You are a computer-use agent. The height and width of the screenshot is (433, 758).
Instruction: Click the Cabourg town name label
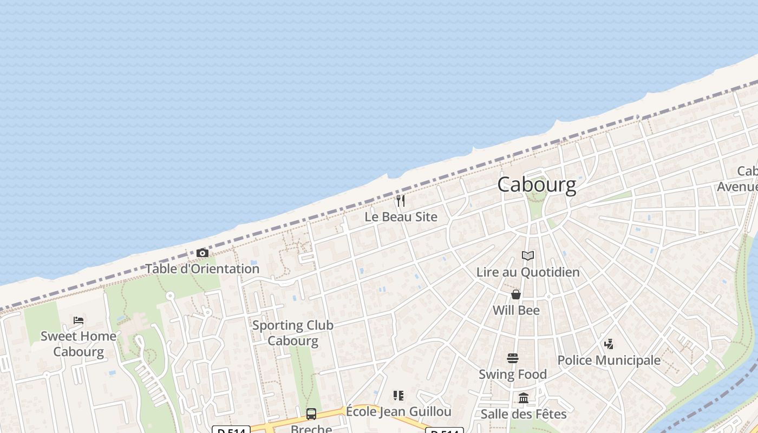[x=537, y=185]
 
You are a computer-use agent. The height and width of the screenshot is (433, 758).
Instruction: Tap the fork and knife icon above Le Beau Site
[x=401, y=201]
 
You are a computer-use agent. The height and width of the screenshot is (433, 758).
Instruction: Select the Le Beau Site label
[x=401, y=217]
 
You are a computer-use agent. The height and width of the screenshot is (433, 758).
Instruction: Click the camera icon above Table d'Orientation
[x=202, y=253]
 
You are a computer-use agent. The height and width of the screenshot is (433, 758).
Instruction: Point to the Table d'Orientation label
[x=202, y=269]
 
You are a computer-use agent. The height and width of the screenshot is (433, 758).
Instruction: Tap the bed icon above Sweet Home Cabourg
[x=79, y=320]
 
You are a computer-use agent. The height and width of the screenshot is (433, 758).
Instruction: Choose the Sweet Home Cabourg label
[x=79, y=344]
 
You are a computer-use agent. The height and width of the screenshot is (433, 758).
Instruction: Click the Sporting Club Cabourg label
[x=293, y=333]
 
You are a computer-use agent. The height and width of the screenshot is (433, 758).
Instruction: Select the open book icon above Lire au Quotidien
[x=528, y=256]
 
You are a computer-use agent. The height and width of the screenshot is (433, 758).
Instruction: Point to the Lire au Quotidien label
[x=528, y=272]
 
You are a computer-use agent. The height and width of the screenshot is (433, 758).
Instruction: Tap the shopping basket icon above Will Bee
[x=516, y=294]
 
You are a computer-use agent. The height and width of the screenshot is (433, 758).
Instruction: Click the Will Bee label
[x=516, y=311]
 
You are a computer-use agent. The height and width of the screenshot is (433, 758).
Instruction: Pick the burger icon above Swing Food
[x=513, y=358]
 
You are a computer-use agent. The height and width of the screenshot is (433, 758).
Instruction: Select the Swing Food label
[x=513, y=375]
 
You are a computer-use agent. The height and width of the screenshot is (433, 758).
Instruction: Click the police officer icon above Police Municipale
[x=609, y=344]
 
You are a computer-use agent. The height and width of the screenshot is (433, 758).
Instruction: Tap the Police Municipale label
[x=609, y=360]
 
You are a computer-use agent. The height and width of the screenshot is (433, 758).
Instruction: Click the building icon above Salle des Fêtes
[x=524, y=398]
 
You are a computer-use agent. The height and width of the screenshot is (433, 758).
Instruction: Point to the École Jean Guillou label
[x=398, y=412]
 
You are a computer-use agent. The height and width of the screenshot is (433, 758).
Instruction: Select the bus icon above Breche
[x=311, y=414]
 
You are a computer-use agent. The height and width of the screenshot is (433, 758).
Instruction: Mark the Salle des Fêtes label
[x=524, y=415]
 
